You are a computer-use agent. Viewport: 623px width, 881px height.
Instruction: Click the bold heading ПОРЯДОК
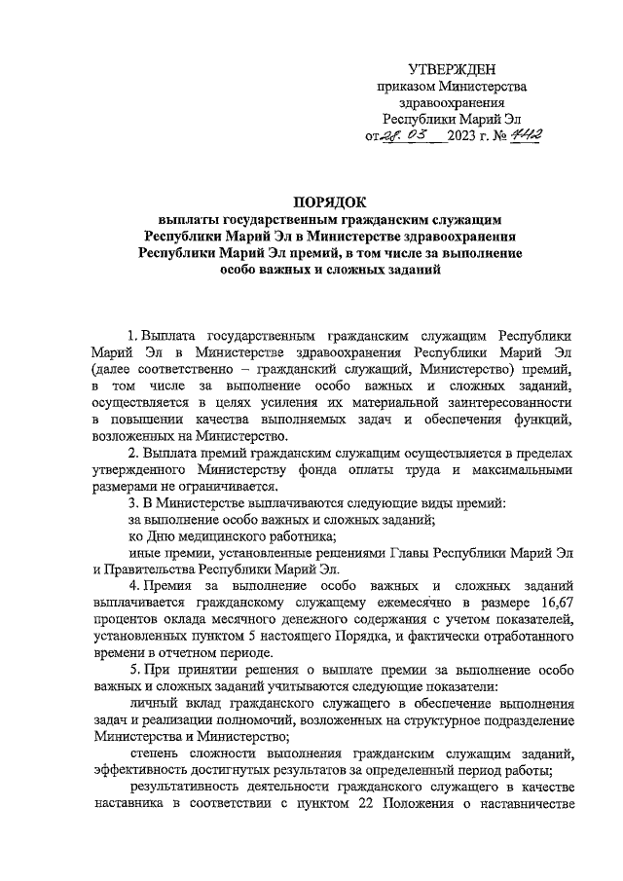[311, 202]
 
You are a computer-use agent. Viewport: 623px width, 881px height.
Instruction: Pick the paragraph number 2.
[133, 453]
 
